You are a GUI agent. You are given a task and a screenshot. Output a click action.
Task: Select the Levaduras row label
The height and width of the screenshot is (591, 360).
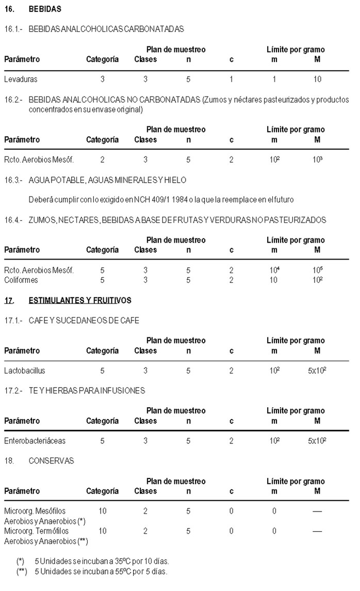(x=21, y=79)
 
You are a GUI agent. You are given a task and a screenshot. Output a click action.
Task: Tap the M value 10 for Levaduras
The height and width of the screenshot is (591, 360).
(x=317, y=79)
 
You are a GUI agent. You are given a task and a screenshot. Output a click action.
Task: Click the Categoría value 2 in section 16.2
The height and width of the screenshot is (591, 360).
(x=103, y=160)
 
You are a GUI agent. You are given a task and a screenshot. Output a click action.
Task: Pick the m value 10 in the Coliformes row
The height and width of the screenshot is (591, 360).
(x=274, y=280)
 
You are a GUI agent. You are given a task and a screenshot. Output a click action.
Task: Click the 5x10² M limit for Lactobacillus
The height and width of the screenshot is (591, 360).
(x=317, y=371)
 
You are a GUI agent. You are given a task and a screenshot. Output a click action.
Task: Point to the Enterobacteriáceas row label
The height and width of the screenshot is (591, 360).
(x=35, y=441)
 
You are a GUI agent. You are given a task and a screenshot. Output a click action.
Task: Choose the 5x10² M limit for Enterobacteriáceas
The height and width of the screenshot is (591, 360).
(x=317, y=441)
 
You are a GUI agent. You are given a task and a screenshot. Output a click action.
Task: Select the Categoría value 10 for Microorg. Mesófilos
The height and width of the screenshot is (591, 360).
(x=103, y=511)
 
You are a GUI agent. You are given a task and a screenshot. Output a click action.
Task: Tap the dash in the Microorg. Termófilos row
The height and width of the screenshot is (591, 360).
(x=317, y=531)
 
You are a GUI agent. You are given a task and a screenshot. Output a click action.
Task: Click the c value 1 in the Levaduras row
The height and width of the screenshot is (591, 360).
(x=232, y=79)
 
